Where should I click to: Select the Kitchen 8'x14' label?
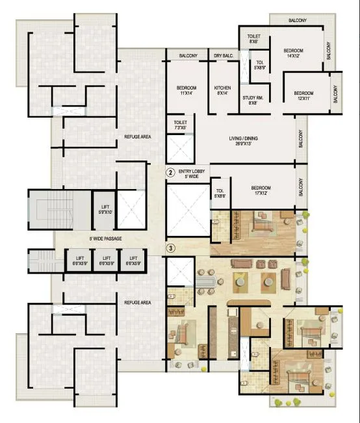click(x=222, y=91)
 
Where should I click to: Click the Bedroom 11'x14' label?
click(x=188, y=91)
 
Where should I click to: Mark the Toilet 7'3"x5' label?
click(x=180, y=125)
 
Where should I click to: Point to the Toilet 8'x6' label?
click(x=253, y=38)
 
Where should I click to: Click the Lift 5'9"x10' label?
click(x=104, y=209)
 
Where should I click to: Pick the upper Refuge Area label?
click(x=138, y=137)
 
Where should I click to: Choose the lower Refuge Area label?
click(x=138, y=303)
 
